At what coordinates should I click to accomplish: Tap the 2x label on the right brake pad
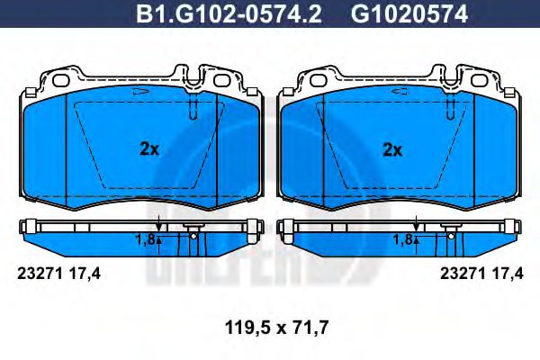[391, 150]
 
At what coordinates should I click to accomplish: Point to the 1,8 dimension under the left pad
[145, 240]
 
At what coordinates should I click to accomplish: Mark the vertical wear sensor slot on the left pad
[195, 108]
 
